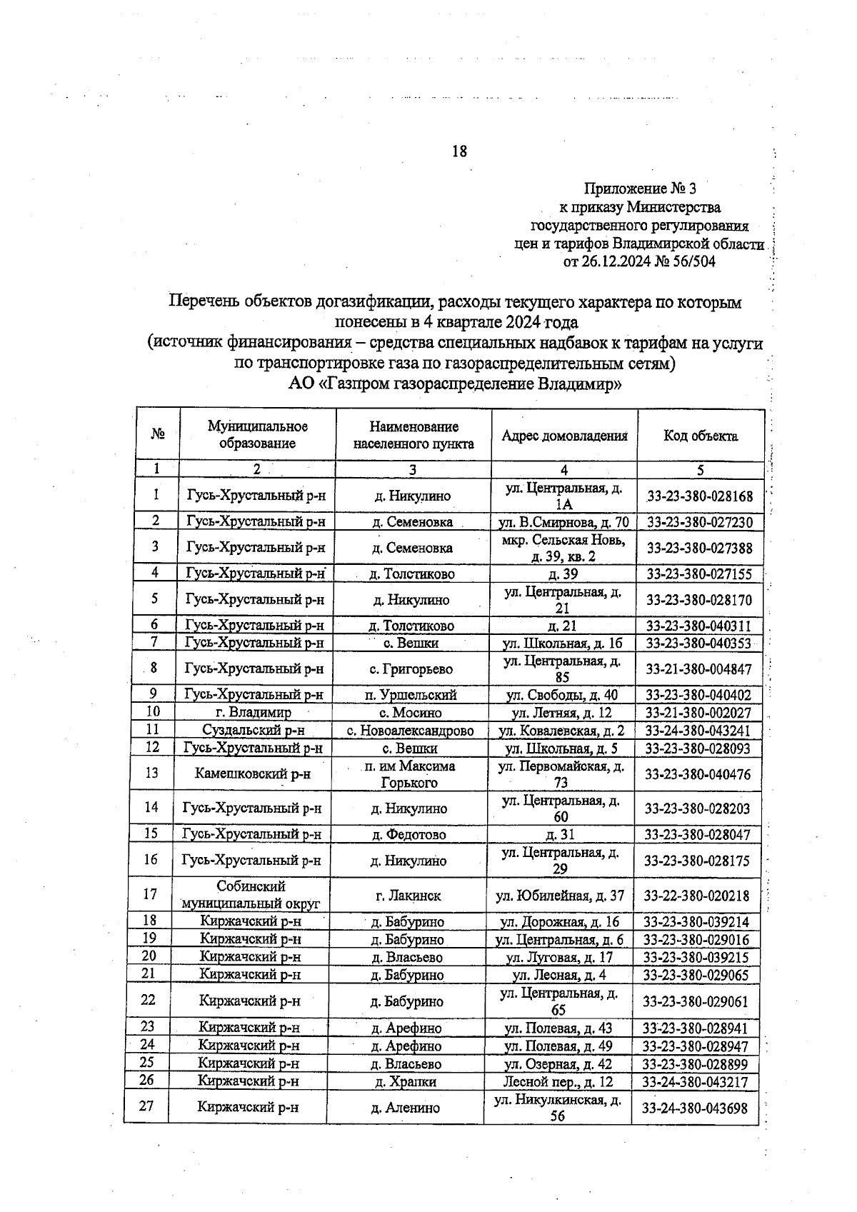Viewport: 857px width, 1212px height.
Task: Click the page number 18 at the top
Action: click(459, 151)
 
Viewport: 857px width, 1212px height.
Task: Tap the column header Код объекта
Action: click(700, 436)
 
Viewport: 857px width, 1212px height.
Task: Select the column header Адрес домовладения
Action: click(564, 436)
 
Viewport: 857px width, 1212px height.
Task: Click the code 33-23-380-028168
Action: click(699, 496)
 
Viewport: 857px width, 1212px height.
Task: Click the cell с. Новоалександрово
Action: click(411, 731)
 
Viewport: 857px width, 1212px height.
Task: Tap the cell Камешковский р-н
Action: click(252, 773)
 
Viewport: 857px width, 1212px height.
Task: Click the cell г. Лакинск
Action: click(409, 896)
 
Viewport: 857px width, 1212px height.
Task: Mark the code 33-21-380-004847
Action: click(698, 669)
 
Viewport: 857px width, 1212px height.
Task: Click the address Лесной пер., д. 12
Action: click(558, 1081)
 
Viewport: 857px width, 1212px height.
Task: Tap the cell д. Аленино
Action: click(405, 1108)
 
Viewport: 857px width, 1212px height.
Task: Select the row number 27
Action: click(146, 1106)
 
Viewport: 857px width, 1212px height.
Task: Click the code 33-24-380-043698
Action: click(695, 1108)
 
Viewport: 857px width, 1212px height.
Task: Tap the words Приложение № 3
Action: click(639, 189)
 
